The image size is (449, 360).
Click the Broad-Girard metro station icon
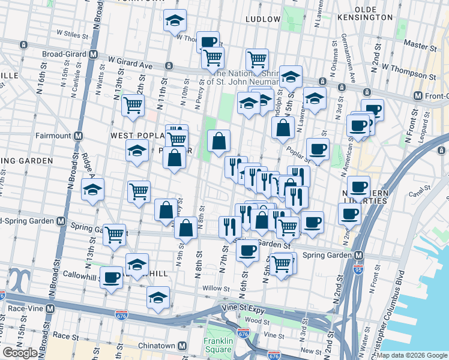(93, 54)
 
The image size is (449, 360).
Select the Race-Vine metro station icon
(50, 308)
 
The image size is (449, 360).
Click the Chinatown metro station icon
(181, 346)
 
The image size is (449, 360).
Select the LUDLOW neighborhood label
(263, 19)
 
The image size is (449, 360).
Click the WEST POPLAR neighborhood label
(133, 136)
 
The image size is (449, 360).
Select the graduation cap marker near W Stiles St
(175, 22)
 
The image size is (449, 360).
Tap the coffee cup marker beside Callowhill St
(111, 277)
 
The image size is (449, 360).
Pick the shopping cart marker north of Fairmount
(133, 105)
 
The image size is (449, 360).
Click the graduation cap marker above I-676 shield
(158, 297)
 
